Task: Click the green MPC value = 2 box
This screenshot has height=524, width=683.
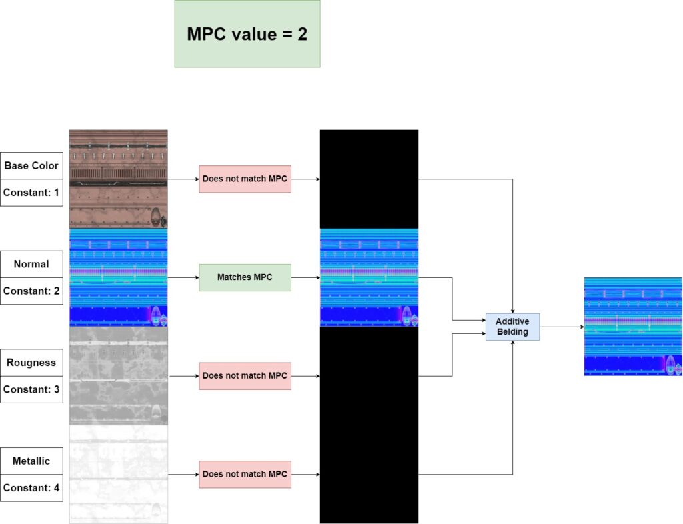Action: [x=247, y=34]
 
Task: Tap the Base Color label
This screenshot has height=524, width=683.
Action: [x=31, y=166]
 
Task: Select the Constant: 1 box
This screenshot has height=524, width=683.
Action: [x=31, y=193]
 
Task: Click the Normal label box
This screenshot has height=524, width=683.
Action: [x=31, y=264]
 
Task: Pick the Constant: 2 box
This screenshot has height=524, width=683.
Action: [x=31, y=291]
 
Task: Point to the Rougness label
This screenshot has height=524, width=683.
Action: [x=31, y=363]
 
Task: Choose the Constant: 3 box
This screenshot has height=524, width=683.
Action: [x=31, y=389]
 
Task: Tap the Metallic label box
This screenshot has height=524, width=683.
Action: [x=31, y=461]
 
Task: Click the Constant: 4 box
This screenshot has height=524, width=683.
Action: [x=31, y=487]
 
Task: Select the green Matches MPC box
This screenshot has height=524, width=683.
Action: [x=245, y=277]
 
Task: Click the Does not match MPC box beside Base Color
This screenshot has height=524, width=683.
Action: [x=245, y=179]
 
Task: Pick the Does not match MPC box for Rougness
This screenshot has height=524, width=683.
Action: [x=245, y=376]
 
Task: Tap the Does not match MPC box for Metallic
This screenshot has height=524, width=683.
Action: [x=245, y=474]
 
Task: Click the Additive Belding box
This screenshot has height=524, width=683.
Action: [x=512, y=327]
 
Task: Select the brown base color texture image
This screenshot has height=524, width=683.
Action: [x=119, y=179]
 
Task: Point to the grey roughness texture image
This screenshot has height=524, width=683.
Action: [x=119, y=375]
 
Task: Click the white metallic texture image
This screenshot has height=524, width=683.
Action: [x=119, y=474]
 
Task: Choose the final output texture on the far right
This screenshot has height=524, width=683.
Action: [x=633, y=327]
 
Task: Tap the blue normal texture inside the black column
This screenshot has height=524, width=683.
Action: [x=369, y=277]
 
